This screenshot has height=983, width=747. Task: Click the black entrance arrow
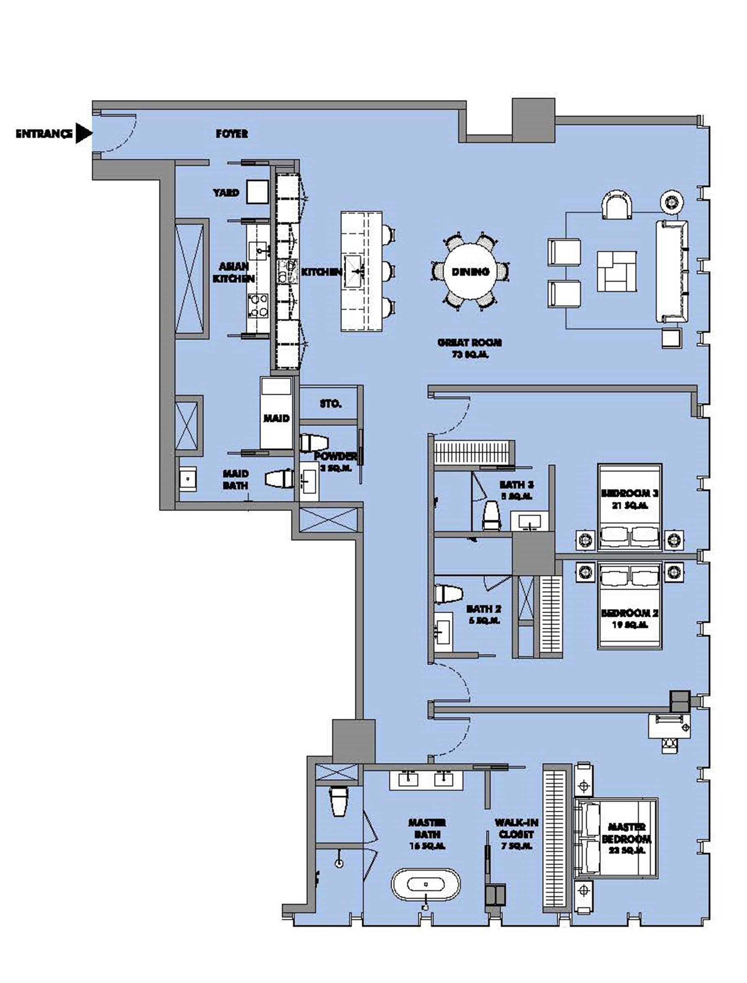(x=83, y=133)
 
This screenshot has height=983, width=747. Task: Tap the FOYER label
(x=232, y=134)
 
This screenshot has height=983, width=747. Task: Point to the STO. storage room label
(x=330, y=404)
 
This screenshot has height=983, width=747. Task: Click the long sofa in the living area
(x=672, y=271)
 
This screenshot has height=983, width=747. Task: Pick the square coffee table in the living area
(x=616, y=271)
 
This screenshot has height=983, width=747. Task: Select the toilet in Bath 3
(x=491, y=515)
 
